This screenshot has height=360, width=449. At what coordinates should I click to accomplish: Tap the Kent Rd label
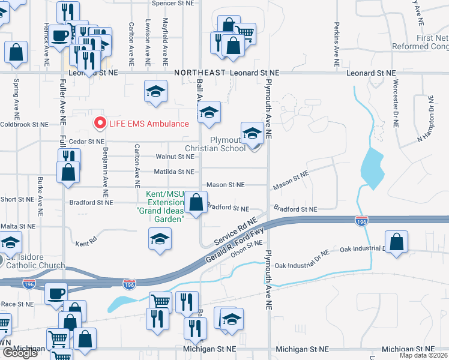86,244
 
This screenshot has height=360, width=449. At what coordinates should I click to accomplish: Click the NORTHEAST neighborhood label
200,73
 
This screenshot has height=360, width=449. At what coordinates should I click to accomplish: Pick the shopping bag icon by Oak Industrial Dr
397,243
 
